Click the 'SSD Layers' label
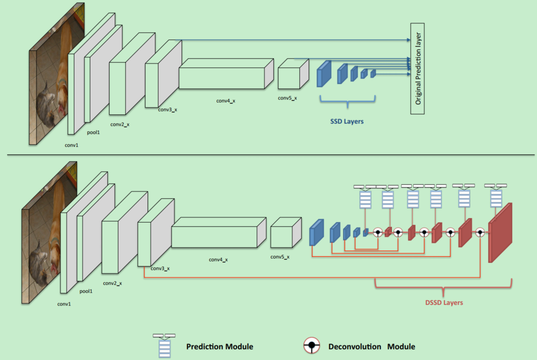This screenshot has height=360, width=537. pyautogui.click(x=346, y=121)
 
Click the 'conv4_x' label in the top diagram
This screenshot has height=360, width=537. pyautogui.click(x=225, y=100)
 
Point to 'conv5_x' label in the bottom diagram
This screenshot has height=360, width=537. pyautogui.click(x=280, y=256)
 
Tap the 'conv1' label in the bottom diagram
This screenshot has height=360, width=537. pyautogui.click(x=64, y=303)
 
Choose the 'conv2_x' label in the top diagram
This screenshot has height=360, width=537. pyautogui.click(x=119, y=124)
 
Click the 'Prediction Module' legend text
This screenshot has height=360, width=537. pyautogui.click(x=219, y=346)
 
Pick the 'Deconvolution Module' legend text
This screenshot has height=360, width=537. pyautogui.click(x=371, y=346)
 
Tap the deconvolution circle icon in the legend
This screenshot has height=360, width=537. pyautogui.click(x=312, y=345)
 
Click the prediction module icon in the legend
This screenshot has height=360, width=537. pyautogui.click(x=164, y=345)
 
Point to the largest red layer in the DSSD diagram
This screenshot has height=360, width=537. pyautogui.click(x=501, y=233)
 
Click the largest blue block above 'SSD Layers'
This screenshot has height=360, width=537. pyautogui.click(x=324, y=74)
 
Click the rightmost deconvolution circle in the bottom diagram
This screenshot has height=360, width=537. pyautogui.click(x=480, y=232)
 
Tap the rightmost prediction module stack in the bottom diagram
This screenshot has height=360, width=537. pyautogui.click(x=495, y=198)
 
